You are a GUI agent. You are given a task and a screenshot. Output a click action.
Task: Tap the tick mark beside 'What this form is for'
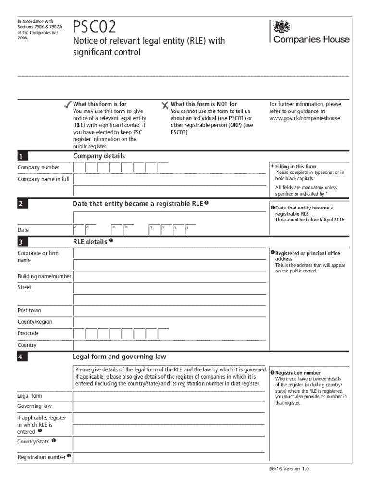pyautogui.click(x=66, y=104)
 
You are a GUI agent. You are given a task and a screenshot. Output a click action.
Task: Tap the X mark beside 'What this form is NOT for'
pyautogui.click(x=165, y=105)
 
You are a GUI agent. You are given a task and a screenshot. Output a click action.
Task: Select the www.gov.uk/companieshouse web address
pyautogui.click(x=305, y=118)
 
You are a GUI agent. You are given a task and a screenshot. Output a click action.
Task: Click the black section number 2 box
pyautogui.click(x=22, y=204)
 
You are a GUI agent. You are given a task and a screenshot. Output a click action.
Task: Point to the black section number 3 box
pyautogui.click(x=22, y=242)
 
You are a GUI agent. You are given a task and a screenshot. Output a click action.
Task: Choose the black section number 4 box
pyautogui.click(x=22, y=357)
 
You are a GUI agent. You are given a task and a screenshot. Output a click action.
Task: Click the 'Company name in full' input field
pyautogui.click(x=169, y=179)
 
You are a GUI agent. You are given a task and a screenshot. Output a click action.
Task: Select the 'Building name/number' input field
pyautogui.click(x=169, y=276)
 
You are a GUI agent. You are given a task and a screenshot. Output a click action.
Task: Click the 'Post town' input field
pyautogui.click(x=169, y=311)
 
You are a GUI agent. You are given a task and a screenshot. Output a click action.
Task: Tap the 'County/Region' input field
pyautogui.click(x=169, y=322)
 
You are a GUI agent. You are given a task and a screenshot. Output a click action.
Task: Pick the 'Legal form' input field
pyautogui.click(x=169, y=396)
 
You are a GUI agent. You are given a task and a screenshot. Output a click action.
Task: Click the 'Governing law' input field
pyautogui.click(x=169, y=406)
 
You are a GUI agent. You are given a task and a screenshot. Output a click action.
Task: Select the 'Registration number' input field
pyautogui.click(x=169, y=457)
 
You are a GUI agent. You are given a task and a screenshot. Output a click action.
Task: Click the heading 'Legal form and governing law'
pyautogui.click(x=120, y=357)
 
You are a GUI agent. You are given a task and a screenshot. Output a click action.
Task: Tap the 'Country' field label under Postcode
pyautogui.click(x=27, y=345)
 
